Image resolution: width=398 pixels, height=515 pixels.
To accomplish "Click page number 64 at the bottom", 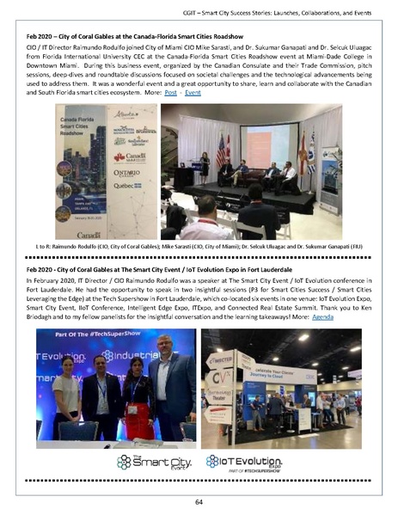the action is coord(199,502).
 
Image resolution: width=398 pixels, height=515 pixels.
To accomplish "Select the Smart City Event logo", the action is coord(156,463).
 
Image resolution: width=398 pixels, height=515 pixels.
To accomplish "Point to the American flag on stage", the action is coord(223,149).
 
